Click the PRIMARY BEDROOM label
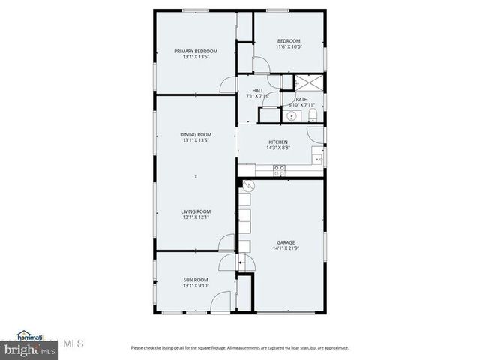(x=196, y=51)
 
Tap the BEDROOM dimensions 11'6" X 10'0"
(x=289, y=47)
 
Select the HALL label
(x=257, y=91)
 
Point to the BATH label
(x=301, y=99)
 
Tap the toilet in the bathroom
(x=313, y=115)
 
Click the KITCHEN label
(x=278, y=142)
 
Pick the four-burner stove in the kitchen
(x=279, y=170)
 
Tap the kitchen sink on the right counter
(x=319, y=158)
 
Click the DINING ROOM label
(x=196, y=134)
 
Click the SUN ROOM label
(x=196, y=280)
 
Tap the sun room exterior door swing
(x=220, y=302)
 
